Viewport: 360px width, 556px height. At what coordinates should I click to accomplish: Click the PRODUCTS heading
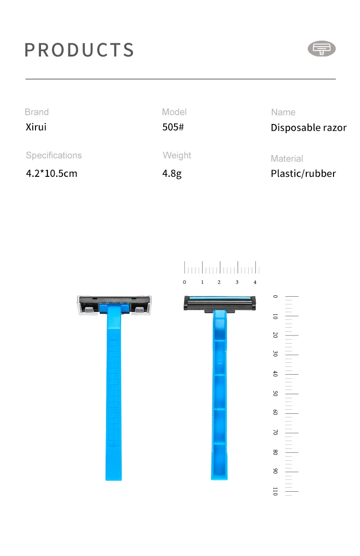coord(79,50)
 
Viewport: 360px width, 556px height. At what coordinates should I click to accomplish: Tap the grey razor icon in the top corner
coord(322,49)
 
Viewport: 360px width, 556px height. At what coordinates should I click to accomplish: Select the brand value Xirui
coord(36,127)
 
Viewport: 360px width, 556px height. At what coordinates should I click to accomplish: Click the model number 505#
coord(173,127)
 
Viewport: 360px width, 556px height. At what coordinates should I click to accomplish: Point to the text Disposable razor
coord(309,128)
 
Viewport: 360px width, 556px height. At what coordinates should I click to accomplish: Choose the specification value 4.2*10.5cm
coord(51,173)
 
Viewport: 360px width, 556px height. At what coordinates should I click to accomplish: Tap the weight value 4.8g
coord(172,173)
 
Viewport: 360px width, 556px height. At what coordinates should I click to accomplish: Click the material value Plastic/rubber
coord(303,173)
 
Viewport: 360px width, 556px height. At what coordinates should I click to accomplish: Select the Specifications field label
coord(54,155)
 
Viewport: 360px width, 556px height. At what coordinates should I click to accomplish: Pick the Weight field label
coord(177,155)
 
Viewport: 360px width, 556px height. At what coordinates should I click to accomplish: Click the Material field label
coord(287,159)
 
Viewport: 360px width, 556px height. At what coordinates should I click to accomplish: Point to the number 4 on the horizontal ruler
coord(255,282)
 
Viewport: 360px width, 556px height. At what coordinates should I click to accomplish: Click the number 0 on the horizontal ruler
coord(185,282)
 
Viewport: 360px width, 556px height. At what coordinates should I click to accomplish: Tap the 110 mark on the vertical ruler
coord(275,491)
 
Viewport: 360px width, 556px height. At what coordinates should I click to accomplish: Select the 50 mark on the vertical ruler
coord(275,393)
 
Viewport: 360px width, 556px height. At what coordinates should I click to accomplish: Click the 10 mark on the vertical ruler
coord(275,316)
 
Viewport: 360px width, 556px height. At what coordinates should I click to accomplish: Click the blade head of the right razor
coord(219,303)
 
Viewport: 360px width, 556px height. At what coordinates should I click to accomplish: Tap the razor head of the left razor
coord(114,304)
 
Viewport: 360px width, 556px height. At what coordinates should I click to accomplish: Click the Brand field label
coord(36,112)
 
